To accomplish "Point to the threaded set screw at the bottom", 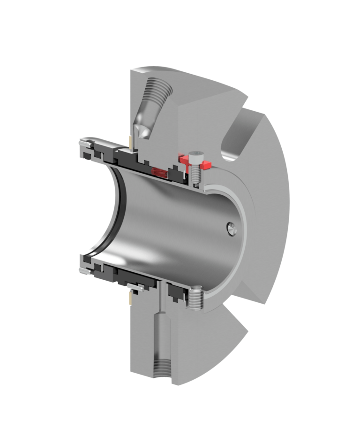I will click(195, 298).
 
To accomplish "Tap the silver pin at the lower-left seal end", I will click(84, 271).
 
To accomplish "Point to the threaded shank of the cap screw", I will click(196, 175).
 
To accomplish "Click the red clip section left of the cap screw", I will click(182, 162).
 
